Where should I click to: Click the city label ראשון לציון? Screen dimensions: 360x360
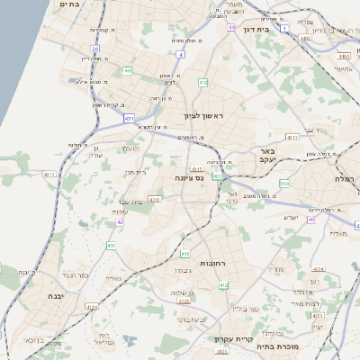click(202, 116)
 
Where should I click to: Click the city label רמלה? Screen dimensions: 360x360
click(346, 180)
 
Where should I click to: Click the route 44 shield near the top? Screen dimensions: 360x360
click(232, 27)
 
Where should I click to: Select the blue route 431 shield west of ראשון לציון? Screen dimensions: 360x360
click(130, 117)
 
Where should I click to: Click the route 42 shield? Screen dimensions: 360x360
click(119, 221)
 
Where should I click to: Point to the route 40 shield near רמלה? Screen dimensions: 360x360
click(311, 219)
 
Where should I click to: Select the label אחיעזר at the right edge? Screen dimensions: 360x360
click(344, 67)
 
